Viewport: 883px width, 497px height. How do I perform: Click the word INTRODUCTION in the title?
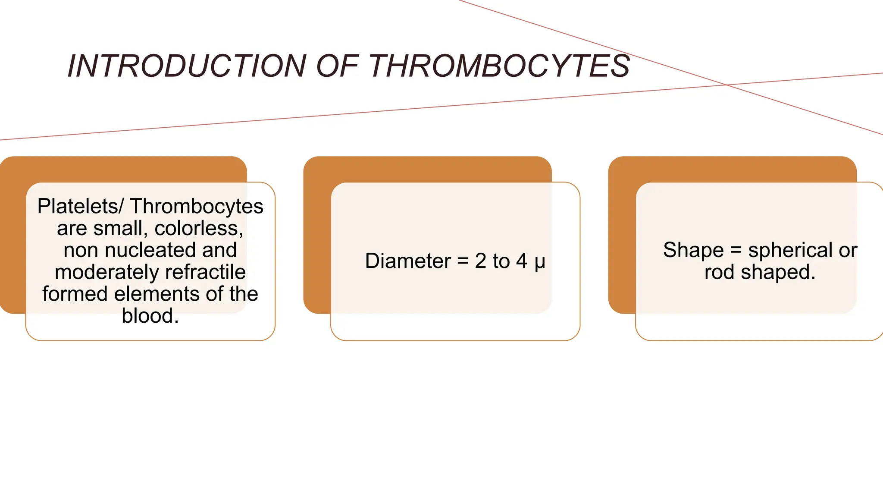tap(187, 66)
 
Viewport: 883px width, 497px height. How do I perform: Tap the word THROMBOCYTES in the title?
tap(499, 66)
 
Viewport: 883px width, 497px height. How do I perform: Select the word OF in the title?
tap(337, 66)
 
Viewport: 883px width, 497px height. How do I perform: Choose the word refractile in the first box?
tap(205, 272)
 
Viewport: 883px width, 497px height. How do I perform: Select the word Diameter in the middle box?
tap(408, 261)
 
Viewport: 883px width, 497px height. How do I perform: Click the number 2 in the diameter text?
tap(480, 261)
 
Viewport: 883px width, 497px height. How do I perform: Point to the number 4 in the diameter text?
tap(522, 261)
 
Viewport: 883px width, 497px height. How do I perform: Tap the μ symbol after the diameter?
tap(540, 262)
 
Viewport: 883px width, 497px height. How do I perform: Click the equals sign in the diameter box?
tap(463, 261)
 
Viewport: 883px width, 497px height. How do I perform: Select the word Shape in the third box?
tap(693, 250)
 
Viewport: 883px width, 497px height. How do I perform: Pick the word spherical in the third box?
tap(790, 250)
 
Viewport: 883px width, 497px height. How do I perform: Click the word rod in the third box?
tap(719, 272)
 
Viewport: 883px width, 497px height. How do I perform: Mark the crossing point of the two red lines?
tap(727, 85)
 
